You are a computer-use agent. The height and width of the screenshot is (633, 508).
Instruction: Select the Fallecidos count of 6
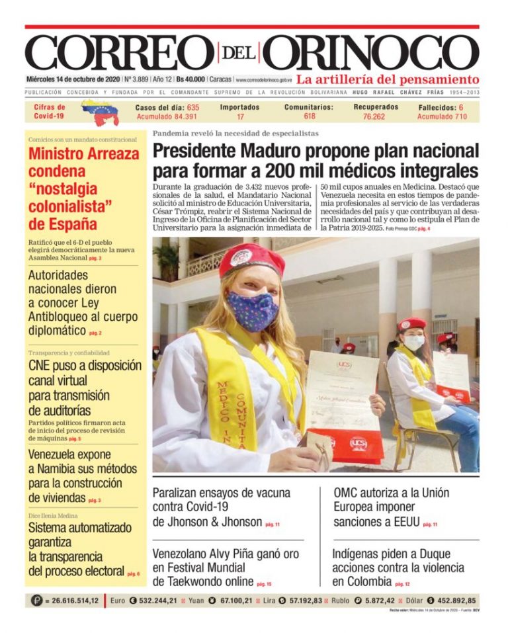click(461, 106)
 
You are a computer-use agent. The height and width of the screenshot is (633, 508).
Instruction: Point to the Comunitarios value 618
click(310, 116)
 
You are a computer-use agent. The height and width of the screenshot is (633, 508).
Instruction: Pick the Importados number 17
click(240, 116)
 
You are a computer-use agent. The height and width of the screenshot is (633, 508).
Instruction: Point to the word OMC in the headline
click(347, 493)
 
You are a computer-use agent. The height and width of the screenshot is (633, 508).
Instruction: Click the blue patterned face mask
click(252, 309)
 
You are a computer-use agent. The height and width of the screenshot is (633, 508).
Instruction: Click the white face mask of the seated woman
click(413, 342)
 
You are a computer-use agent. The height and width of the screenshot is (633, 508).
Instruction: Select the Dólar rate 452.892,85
click(453, 601)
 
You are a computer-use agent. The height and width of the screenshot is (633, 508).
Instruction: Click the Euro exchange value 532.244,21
click(154, 601)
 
